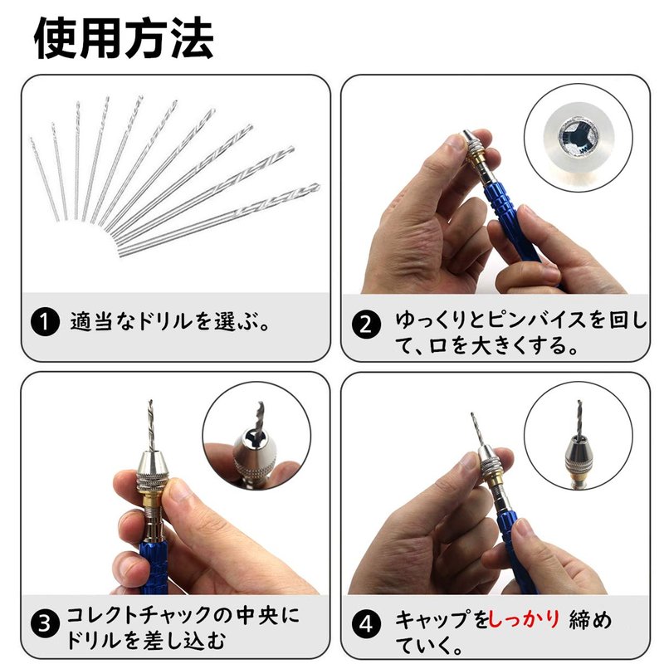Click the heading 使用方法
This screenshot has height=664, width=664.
pyautogui.click(x=124, y=38)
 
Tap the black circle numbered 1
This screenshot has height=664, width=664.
pyautogui.click(x=45, y=322)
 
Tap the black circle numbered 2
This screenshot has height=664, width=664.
pyautogui.click(x=366, y=325)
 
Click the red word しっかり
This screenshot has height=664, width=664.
pyautogui.click(x=525, y=619)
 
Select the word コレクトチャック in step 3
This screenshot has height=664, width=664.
pyautogui.click(x=138, y=615)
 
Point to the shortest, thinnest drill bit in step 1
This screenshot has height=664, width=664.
pyautogui.click(x=45, y=179)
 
